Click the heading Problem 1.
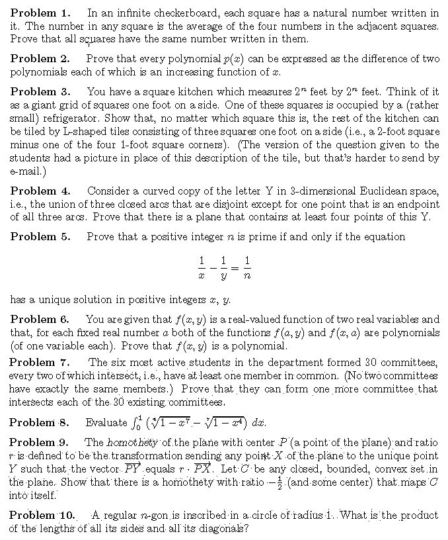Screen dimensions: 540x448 point(40,13)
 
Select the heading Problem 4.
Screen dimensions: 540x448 point(40,191)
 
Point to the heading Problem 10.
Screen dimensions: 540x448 point(43,515)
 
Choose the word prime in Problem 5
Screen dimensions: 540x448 point(244,237)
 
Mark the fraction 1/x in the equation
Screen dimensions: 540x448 point(202,265)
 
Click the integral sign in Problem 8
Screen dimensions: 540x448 point(134,422)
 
